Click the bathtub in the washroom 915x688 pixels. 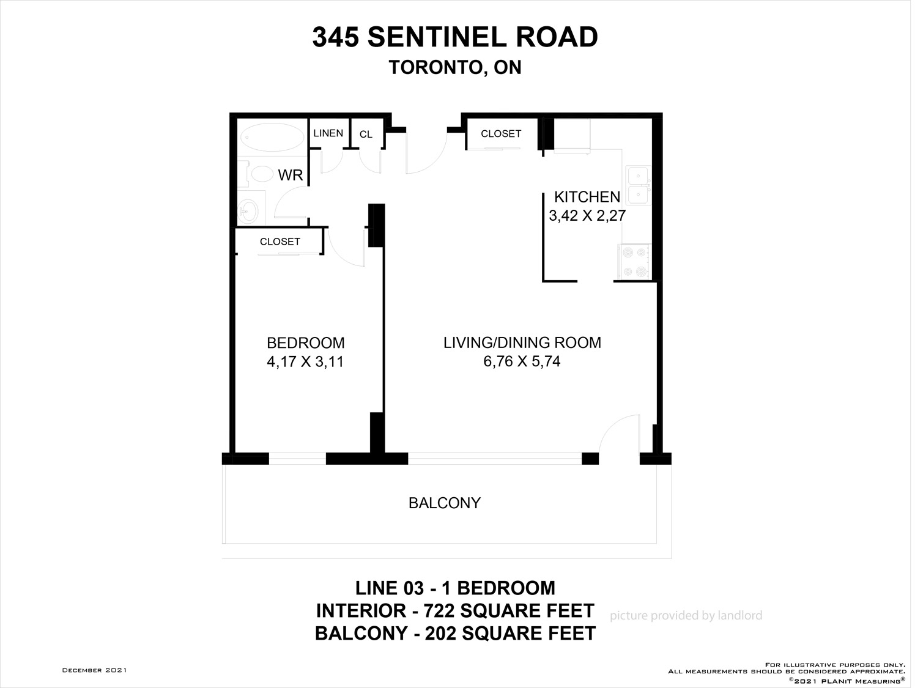(272, 137)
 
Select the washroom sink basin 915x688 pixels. (250, 209)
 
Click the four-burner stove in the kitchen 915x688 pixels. (635, 261)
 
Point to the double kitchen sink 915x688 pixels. (638, 185)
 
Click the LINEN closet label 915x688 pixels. (328, 133)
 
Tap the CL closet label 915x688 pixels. (366, 134)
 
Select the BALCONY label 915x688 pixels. (445, 503)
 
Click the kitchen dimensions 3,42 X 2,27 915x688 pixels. (587, 215)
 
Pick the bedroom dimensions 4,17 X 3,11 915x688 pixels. (305, 361)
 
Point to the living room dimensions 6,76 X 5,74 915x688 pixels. (522, 361)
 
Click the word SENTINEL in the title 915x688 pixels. (436, 37)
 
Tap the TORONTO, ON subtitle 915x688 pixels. (455, 67)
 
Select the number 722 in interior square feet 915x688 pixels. (440, 611)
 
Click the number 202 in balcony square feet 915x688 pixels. (440, 634)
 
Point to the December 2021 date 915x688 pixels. (95, 670)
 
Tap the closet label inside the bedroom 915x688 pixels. (280, 242)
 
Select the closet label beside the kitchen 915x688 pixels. (501, 133)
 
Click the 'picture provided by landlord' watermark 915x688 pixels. (686, 615)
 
